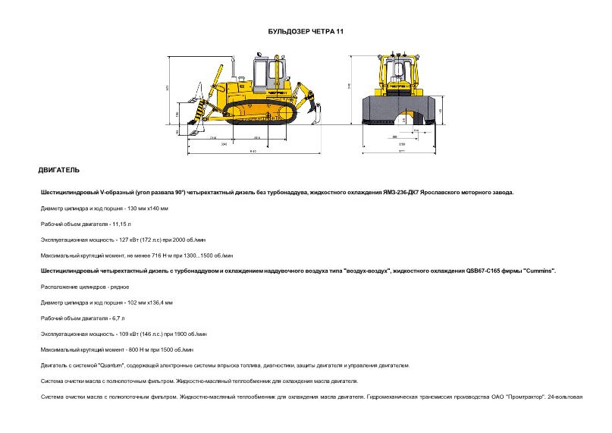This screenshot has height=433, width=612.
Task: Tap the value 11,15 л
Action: coord(121,224)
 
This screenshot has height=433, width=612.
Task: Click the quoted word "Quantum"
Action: coord(101,366)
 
